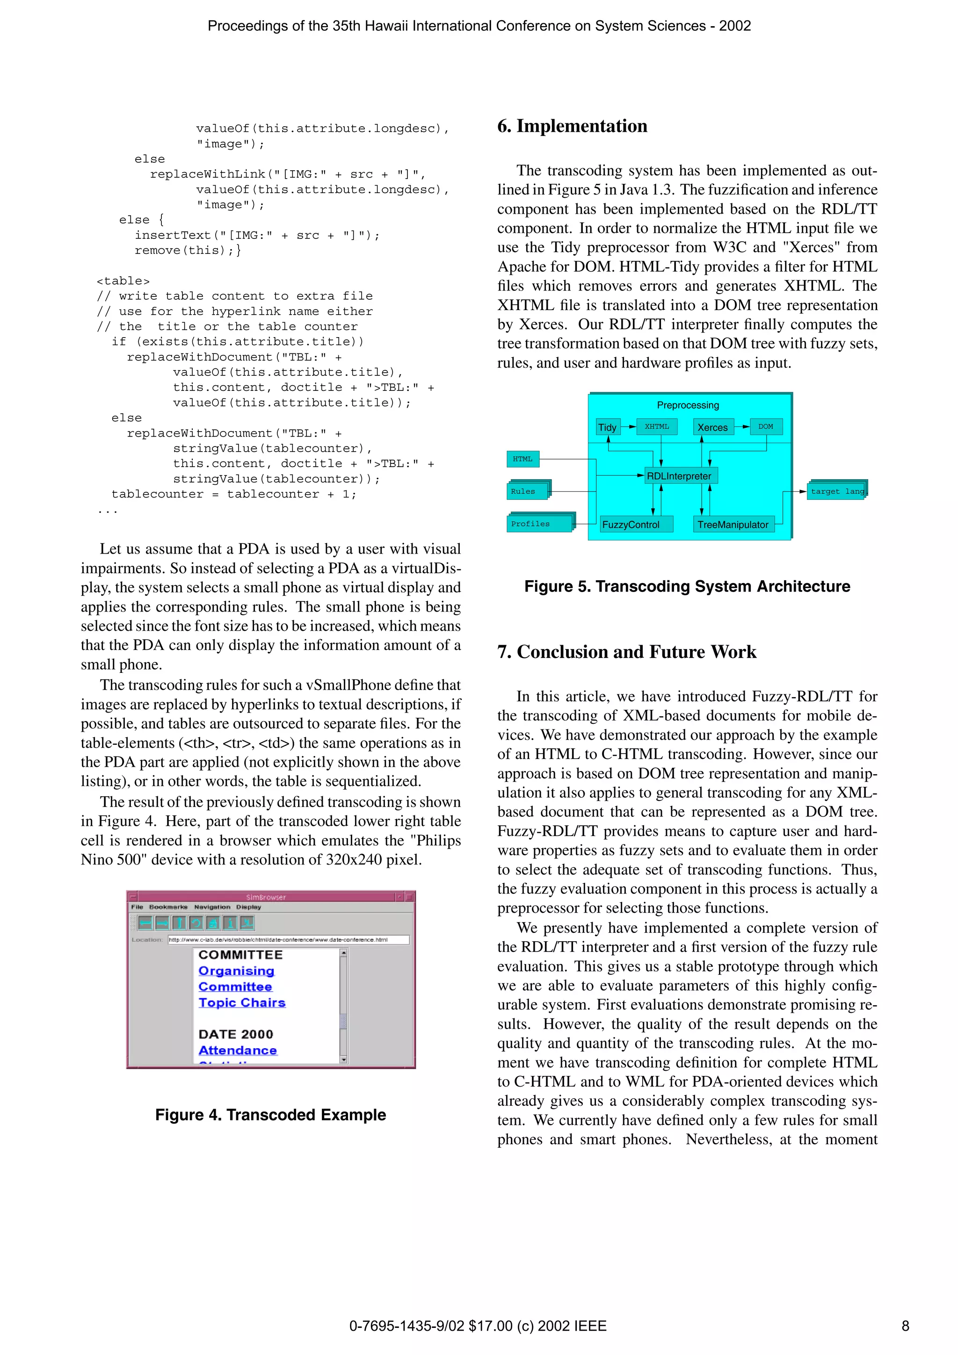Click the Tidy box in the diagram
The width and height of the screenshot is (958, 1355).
pyautogui.click(x=607, y=427)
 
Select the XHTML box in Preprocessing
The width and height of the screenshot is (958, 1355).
pyautogui.click(x=657, y=427)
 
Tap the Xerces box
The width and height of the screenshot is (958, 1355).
pyautogui.click(x=712, y=427)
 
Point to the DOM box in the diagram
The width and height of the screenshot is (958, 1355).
pyautogui.click(x=766, y=427)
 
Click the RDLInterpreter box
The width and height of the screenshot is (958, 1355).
pyautogui.click(x=679, y=476)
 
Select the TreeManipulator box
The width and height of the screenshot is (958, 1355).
pyautogui.click(x=733, y=525)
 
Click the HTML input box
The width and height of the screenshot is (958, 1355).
pyautogui.click(x=523, y=459)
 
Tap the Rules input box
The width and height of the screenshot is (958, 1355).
pyautogui.click(x=528, y=491)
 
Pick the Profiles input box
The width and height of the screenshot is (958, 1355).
pyautogui.click(x=539, y=524)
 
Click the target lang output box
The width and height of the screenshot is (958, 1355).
pyautogui.click(x=836, y=491)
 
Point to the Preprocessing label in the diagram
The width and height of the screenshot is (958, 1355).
pyautogui.click(x=688, y=405)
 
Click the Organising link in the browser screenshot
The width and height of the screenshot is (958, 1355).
pyautogui.click(x=236, y=971)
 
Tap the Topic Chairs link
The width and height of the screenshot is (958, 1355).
pyautogui.click(x=242, y=1002)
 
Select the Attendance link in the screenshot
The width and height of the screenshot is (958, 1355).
pyautogui.click(x=237, y=1051)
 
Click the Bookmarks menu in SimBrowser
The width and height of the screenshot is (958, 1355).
pyautogui.click(x=168, y=907)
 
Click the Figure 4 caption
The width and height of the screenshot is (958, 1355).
pyautogui.click(x=270, y=1115)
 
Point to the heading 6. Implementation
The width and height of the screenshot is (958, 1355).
pyautogui.click(x=572, y=126)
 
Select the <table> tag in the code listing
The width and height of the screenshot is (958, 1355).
pyautogui.click(x=123, y=281)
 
